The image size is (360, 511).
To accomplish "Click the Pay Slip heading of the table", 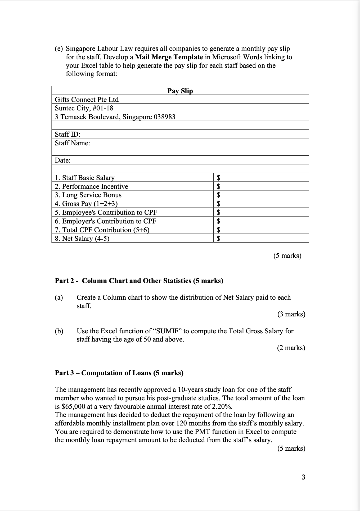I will (180, 91).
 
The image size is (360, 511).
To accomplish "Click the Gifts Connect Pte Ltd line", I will (87, 100).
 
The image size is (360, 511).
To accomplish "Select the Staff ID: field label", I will (67, 134).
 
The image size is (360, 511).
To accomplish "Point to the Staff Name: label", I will (72, 143).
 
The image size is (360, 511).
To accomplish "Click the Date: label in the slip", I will (62, 160).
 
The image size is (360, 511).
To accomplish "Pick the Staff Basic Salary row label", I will (85, 178).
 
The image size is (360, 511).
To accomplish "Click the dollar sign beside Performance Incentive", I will (219, 186).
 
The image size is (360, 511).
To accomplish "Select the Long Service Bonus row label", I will (88, 195).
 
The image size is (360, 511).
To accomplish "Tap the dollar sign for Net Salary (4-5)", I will (219, 239).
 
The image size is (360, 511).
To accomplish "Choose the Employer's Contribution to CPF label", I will (106, 221).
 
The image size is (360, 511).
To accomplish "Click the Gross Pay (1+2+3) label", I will (86, 204).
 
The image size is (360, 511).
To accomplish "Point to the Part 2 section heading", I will (139, 281).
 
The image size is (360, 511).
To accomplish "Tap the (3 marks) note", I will (291, 314).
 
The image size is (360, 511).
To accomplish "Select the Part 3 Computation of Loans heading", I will (119, 373).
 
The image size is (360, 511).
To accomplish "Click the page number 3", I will (303, 477).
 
